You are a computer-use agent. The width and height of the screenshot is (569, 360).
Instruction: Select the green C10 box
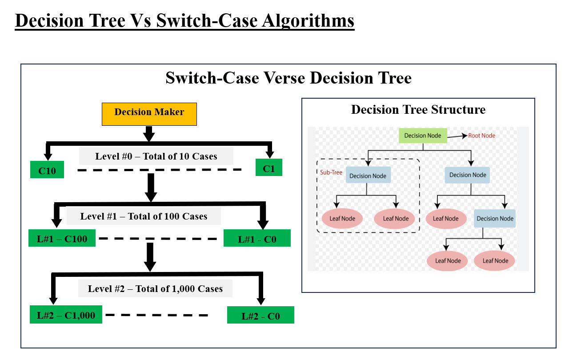[x=47, y=170]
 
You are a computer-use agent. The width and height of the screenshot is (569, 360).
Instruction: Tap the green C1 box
[x=269, y=168]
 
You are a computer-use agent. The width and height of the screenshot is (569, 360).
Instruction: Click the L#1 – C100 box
[x=62, y=239]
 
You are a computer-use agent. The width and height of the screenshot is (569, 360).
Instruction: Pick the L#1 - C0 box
[x=257, y=239]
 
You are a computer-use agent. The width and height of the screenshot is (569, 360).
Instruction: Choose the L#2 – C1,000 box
[x=66, y=315]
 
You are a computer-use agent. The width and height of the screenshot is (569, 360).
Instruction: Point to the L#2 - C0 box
[x=260, y=316]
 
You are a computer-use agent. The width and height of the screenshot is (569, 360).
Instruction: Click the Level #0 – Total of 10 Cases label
[x=156, y=156]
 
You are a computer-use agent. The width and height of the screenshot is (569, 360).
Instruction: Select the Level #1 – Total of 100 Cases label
[x=144, y=216]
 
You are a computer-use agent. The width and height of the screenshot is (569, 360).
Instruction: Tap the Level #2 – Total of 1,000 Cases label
[x=155, y=289]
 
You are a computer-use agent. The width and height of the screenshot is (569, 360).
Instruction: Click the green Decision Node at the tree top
[x=422, y=136]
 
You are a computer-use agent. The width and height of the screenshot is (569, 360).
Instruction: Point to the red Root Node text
[x=481, y=136]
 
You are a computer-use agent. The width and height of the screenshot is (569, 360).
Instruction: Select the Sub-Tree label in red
[x=331, y=172]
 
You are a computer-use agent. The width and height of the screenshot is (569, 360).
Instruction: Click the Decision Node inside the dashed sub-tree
[x=368, y=176]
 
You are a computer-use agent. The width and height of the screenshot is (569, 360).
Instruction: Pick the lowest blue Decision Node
[x=495, y=218]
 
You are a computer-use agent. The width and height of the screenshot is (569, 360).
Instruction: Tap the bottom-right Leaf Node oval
[x=495, y=261]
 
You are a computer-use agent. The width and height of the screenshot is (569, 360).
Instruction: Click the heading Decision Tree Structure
[x=418, y=110]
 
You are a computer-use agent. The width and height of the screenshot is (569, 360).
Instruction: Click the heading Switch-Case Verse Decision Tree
[x=289, y=78]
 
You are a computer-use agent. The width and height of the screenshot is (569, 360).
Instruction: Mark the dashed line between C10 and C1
[x=160, y=170]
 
